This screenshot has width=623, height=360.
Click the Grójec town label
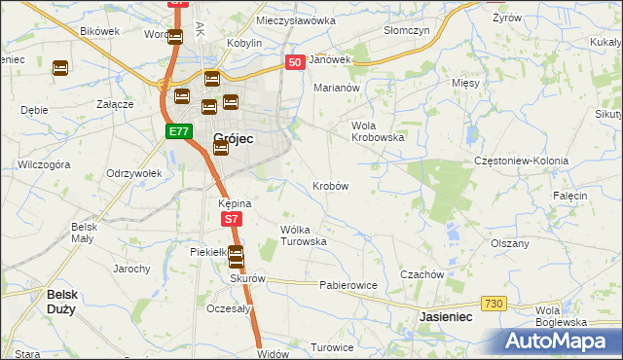click(233, 139)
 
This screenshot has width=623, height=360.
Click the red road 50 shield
click(296, 62)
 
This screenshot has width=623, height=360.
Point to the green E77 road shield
click(178, 131)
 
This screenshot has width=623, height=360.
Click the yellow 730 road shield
click(494, 305)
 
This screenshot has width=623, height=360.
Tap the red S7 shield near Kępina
click(231, 220)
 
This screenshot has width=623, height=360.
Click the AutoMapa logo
click(559, 341)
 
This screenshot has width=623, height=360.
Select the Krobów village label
click(330, 185)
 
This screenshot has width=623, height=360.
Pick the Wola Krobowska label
click(378, 130)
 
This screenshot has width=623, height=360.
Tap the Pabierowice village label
click(348, 285)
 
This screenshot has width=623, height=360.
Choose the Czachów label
click(421, 274)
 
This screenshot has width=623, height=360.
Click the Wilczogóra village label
click(44, 165)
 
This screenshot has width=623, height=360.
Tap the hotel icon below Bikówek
click(60, 69)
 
